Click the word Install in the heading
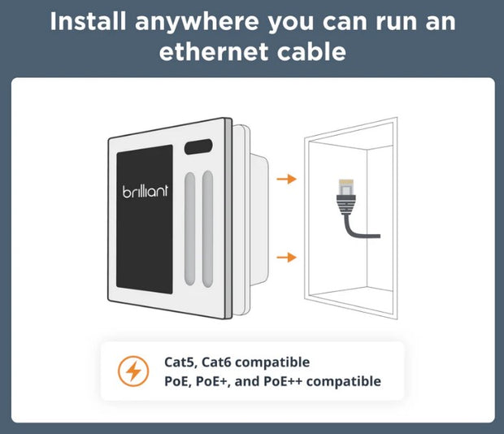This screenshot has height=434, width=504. point(89,21)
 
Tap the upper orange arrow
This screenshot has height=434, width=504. point(286,178)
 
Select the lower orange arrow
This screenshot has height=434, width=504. point(286,258)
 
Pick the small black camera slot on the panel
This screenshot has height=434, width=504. point(198,149)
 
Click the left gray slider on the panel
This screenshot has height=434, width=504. point(190,228)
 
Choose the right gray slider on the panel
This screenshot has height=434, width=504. point(207,228)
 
